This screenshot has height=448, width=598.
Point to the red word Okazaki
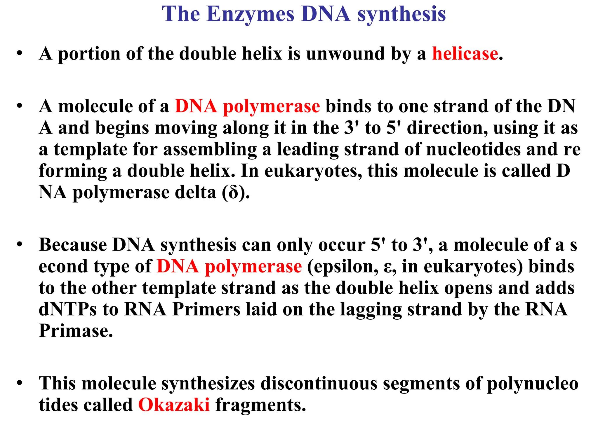pos(174,405)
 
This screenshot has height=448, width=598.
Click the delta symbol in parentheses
pos(233,193)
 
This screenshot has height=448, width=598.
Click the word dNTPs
pos(67,309)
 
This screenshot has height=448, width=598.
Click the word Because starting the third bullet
pos(73,245)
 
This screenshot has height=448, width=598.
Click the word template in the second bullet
pos(91,149)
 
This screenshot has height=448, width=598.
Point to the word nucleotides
pos(473,149)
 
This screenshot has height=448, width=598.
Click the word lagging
pos(371,310)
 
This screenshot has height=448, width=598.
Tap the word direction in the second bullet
pos(447,128)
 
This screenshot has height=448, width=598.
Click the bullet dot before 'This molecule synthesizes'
pos(20,383)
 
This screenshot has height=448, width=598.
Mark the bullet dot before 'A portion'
pos(20,53)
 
